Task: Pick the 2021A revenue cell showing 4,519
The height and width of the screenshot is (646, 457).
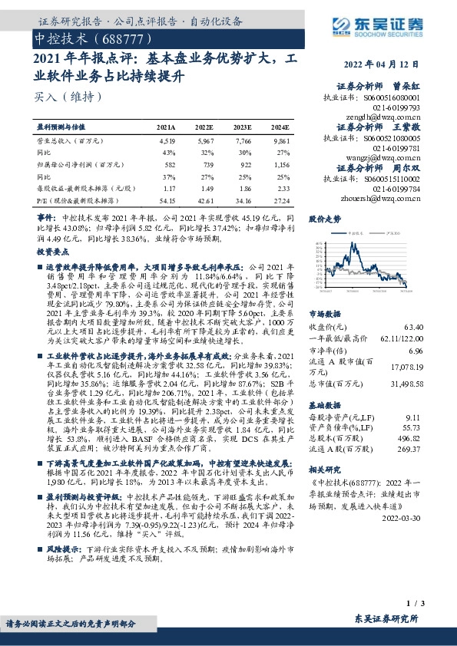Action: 166,141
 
